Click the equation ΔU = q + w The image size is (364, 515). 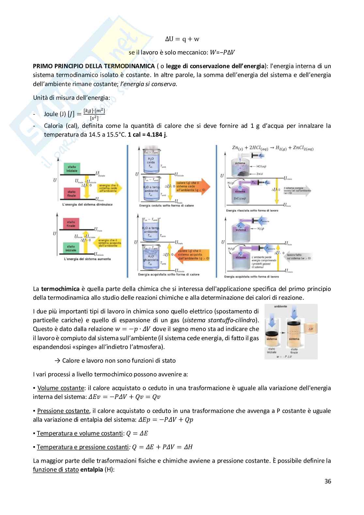pos(182,39)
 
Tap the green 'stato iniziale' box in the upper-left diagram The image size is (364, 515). pos(72,169)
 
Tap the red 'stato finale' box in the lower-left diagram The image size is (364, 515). pos(71,224)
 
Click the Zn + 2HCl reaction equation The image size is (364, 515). pos(268,148)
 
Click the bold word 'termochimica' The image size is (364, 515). pos(61,289)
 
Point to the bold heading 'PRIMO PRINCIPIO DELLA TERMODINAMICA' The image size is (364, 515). pos(94,66)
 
